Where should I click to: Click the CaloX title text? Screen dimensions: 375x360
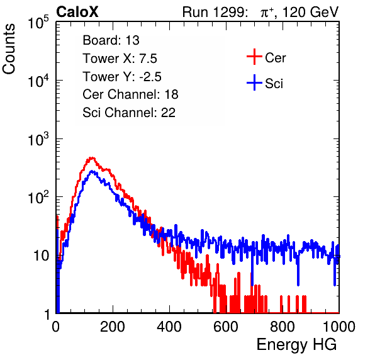tap(77, 12)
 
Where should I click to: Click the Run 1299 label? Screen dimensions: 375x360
tap(215, 12)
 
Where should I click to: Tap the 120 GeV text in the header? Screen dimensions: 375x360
tap(310, 12)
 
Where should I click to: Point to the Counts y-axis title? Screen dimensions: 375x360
tap(9, 49)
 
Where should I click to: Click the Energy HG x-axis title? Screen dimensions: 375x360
tap(296, 345)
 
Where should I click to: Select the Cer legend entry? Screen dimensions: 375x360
tap(266, 57)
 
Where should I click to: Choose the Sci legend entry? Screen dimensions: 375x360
tap(265, 83)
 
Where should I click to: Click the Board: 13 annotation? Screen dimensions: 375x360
tap(111, 40)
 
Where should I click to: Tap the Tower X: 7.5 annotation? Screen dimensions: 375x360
tap(120, 59)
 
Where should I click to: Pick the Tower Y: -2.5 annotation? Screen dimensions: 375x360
tap(122, 77)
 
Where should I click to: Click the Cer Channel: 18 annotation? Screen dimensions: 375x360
tap(130, 94)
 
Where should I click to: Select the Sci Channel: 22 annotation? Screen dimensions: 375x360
tap(129, 113)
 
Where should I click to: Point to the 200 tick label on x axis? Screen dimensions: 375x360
tap(113, 327)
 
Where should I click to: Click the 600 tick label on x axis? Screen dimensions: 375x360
tap(226, 327)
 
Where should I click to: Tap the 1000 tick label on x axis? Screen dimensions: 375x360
tap(339, 327)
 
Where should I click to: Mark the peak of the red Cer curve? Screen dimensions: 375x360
tap(91, 157)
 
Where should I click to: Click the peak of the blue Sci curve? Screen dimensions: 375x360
tap(92, 171)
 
